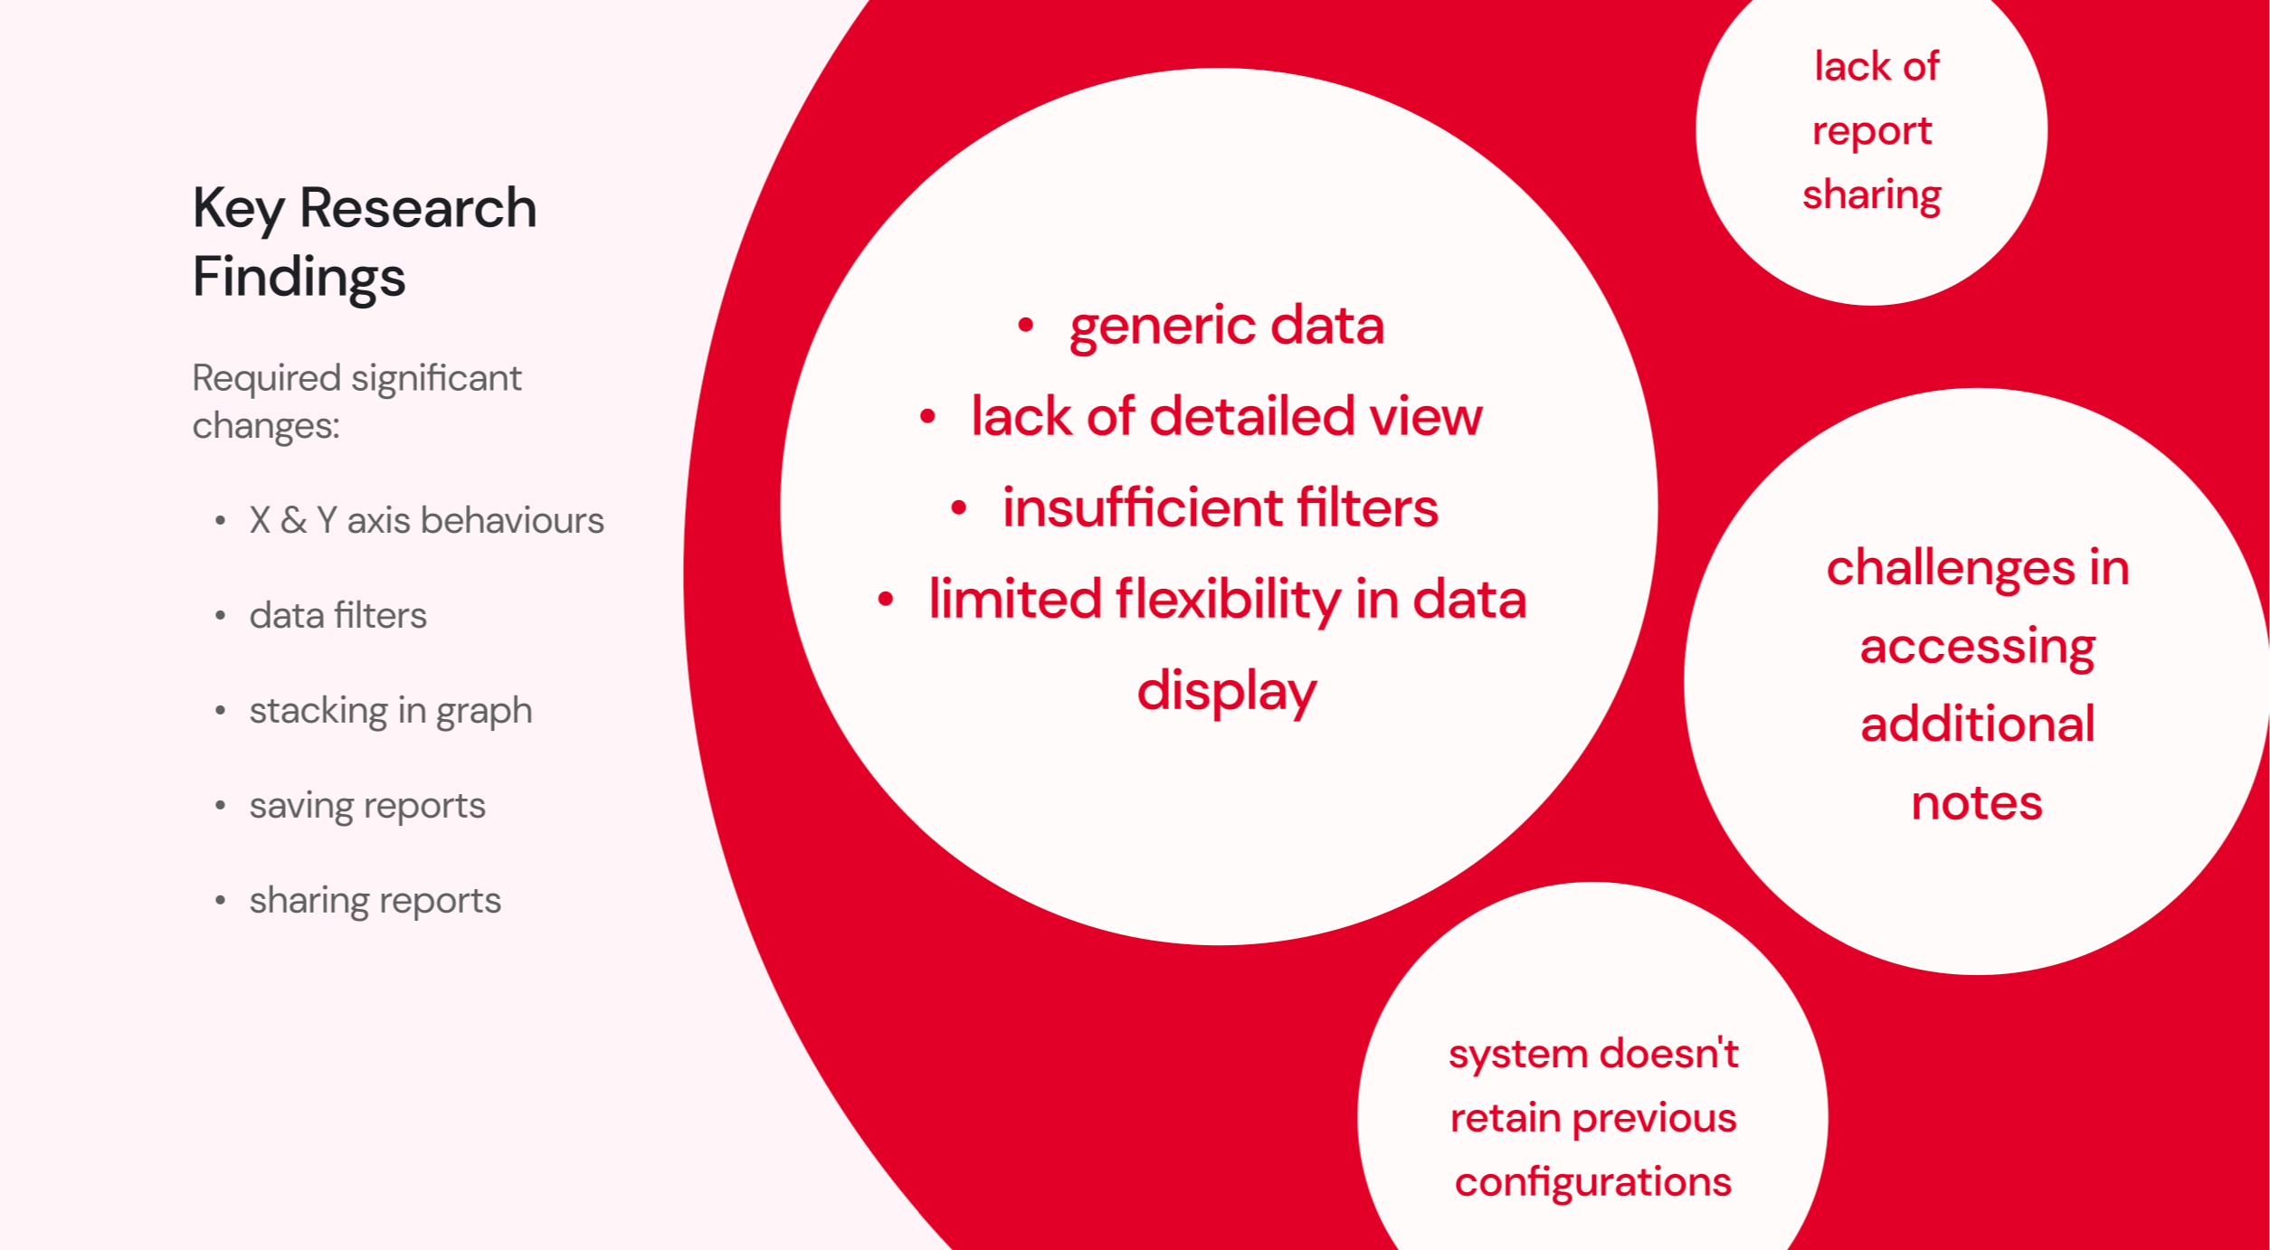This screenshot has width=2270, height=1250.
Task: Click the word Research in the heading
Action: point(418,208)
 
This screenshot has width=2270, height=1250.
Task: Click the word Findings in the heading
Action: point(299,277)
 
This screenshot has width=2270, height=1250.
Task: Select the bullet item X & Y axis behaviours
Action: point(426,521)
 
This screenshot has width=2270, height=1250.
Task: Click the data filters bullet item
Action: point(337,616)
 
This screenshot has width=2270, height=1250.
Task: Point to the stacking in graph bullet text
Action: point(390,711)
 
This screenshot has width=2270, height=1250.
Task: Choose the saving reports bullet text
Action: point(367,806)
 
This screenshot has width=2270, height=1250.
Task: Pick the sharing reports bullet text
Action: point(375,901)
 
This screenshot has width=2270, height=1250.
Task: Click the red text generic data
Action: point(1226,326)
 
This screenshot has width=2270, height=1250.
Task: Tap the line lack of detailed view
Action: point(1226,416)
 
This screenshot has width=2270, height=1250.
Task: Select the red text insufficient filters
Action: point(1220,507)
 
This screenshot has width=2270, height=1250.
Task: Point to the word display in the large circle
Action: point(1226,692)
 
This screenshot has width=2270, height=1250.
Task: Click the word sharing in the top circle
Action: point(1871,195)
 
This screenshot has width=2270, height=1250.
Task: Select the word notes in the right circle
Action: point(1976,803)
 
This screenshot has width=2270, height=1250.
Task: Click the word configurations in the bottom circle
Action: point(1592,1182)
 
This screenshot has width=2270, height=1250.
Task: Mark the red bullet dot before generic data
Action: point(1025,326)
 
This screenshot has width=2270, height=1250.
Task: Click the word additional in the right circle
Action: point(1977,724)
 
